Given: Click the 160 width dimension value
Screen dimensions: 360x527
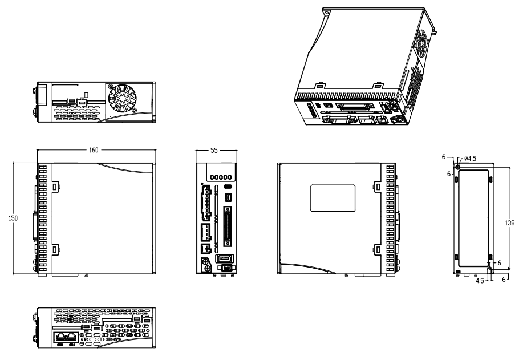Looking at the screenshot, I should point(94,150).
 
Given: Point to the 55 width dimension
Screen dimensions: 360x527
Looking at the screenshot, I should point(214,150).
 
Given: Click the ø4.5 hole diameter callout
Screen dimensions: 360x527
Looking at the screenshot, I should point(470,159).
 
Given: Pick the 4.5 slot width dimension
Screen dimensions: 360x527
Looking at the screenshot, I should point(480,281).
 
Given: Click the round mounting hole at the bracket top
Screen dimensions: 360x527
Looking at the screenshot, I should point(457,166).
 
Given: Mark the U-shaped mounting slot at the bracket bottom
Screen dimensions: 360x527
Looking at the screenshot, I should point(489,269).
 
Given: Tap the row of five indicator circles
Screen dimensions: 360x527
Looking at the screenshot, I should point(221,177).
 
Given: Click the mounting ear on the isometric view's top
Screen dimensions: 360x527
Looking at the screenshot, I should point(327,11).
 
